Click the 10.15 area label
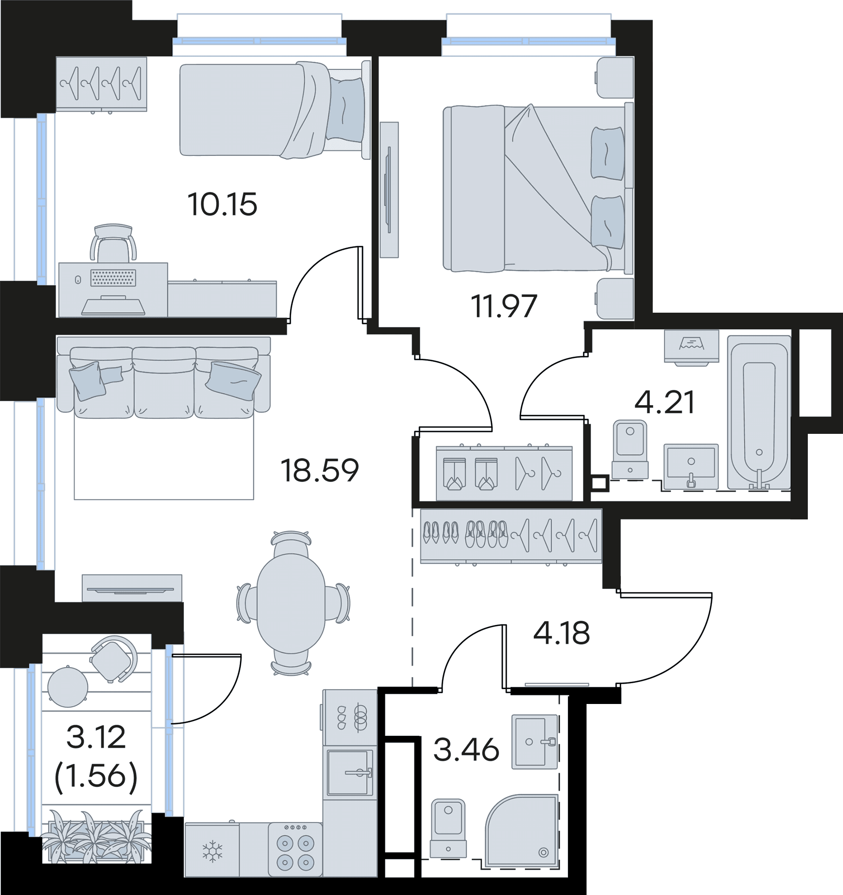222,204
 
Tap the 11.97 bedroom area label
504,306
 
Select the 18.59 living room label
320,470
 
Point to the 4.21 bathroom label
664,402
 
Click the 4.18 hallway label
562,633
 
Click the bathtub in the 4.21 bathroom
759,413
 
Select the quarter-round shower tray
522,831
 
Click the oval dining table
291,603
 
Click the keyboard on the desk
113,278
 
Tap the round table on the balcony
68,687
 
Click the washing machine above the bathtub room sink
692,346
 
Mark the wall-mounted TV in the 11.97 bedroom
389,190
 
